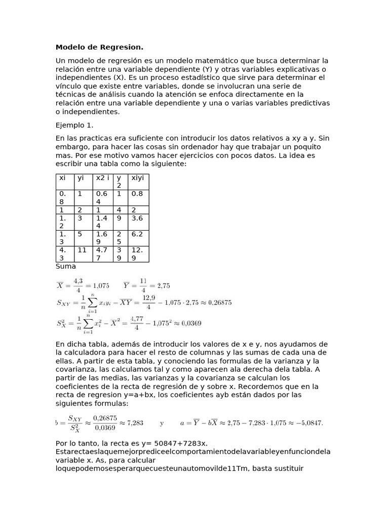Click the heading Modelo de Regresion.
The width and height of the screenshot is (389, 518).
99,48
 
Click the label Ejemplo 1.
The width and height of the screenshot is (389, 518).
74,124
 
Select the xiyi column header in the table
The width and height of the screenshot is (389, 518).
138,179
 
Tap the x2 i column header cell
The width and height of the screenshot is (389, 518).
102,179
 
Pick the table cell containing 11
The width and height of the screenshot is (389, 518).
82,250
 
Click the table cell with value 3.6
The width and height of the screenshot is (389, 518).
137,218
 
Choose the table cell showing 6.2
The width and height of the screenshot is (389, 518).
137,234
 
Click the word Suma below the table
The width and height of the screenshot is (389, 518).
66,266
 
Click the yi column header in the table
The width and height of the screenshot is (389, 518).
80,179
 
